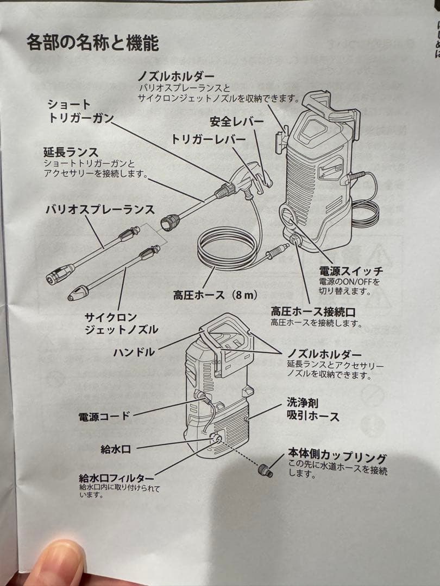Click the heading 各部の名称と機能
click(92, 43)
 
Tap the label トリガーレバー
click(208, 139)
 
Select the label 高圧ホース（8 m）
click(215, 296)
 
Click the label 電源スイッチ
click(350, 271)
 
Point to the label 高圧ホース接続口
click(313, 311)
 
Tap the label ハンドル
click(134, 352)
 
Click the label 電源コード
click(104, 417)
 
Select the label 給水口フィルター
click(116, 478)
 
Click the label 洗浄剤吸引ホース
click(313, 410)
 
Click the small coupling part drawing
click(265, 470)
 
